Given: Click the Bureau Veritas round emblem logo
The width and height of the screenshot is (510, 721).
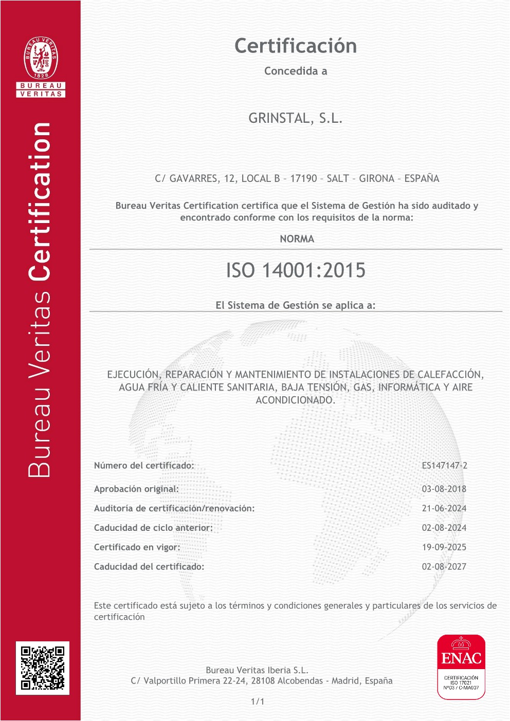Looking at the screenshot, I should pyautogui.click(x=41, y=58).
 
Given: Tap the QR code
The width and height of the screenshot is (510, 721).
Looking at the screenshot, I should pyautogui.click(x=43, y=668).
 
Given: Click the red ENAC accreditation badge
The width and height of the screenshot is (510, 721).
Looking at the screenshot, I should pyautogui.click(x=461, y=667).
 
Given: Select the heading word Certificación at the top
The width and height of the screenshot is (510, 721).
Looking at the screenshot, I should pyautogui.click(x=296, y=46).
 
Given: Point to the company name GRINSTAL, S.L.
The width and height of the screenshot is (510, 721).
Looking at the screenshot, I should pyautogui.click(x=295, y=118).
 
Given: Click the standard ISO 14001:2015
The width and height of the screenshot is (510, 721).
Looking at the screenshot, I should pyautogui.click(x=296, y=270).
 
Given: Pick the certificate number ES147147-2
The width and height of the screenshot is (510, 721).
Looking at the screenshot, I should pyautogui.click(x=444, y=466).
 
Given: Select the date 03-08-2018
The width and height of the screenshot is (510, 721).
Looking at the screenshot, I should pyautogui.click(x=444, y=489).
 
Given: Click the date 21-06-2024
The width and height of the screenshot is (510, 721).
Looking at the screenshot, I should pyautogui.click(x=444, y=508).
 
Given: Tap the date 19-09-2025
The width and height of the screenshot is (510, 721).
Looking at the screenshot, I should pyautogui.click(x=444, y=547).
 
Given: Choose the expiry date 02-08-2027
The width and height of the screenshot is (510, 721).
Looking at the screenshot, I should pyautogui.click(x=444, y=567).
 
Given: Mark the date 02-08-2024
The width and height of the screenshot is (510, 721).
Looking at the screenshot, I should pyautogui.click(x=444, y=528).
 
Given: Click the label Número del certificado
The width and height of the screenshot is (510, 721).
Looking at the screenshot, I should pyautogui.click(x=144, y=466).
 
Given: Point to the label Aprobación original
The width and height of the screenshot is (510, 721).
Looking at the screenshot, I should pyautogui.click(x=136, y=489).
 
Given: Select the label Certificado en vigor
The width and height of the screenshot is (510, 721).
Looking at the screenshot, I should pyautogui.click(x=137, y=547).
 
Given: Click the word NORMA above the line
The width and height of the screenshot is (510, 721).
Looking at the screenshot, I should pyautogui.click(x=297, y=239).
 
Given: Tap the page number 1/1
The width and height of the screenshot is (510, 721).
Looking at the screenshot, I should pyautogui.click(x=257, y=701).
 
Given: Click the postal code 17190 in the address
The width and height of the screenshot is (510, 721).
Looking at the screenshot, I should pyautogui.click(x=303, y=179).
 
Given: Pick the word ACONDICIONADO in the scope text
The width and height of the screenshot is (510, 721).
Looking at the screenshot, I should pyautogui.click(x=295, y=400).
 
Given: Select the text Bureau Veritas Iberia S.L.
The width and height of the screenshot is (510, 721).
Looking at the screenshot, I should pyautogui.click(x=257, y=670).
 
